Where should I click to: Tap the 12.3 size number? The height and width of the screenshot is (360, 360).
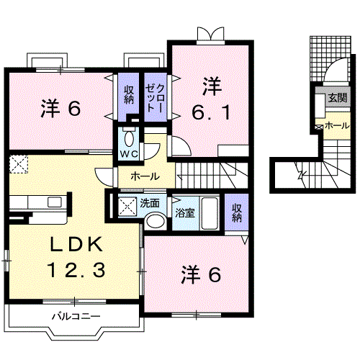pyautogui.click(x=77, y=271)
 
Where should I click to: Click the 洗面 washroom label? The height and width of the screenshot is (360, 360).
pyautogui.click(x=150, y=203)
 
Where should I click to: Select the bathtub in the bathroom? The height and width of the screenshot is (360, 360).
pyautogui.click(x=210, y=212)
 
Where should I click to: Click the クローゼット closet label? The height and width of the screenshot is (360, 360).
pyautogui.click(x=155, y=98)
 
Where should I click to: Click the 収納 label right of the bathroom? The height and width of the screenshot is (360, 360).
pyautogui.click(x=237, y=212)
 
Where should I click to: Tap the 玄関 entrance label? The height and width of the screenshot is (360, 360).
pyautogui.click(x=336, y=99)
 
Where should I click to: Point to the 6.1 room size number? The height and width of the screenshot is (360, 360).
pyautogui.click(x=210, y=114)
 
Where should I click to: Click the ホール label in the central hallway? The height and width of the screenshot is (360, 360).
pyautogui.click(x=145, y=176)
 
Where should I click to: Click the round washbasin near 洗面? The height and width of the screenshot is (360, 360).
pyautogui.click(x=154, y=221)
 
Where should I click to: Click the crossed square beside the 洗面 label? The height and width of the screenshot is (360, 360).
pyautogui.click(x=127, y=207)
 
